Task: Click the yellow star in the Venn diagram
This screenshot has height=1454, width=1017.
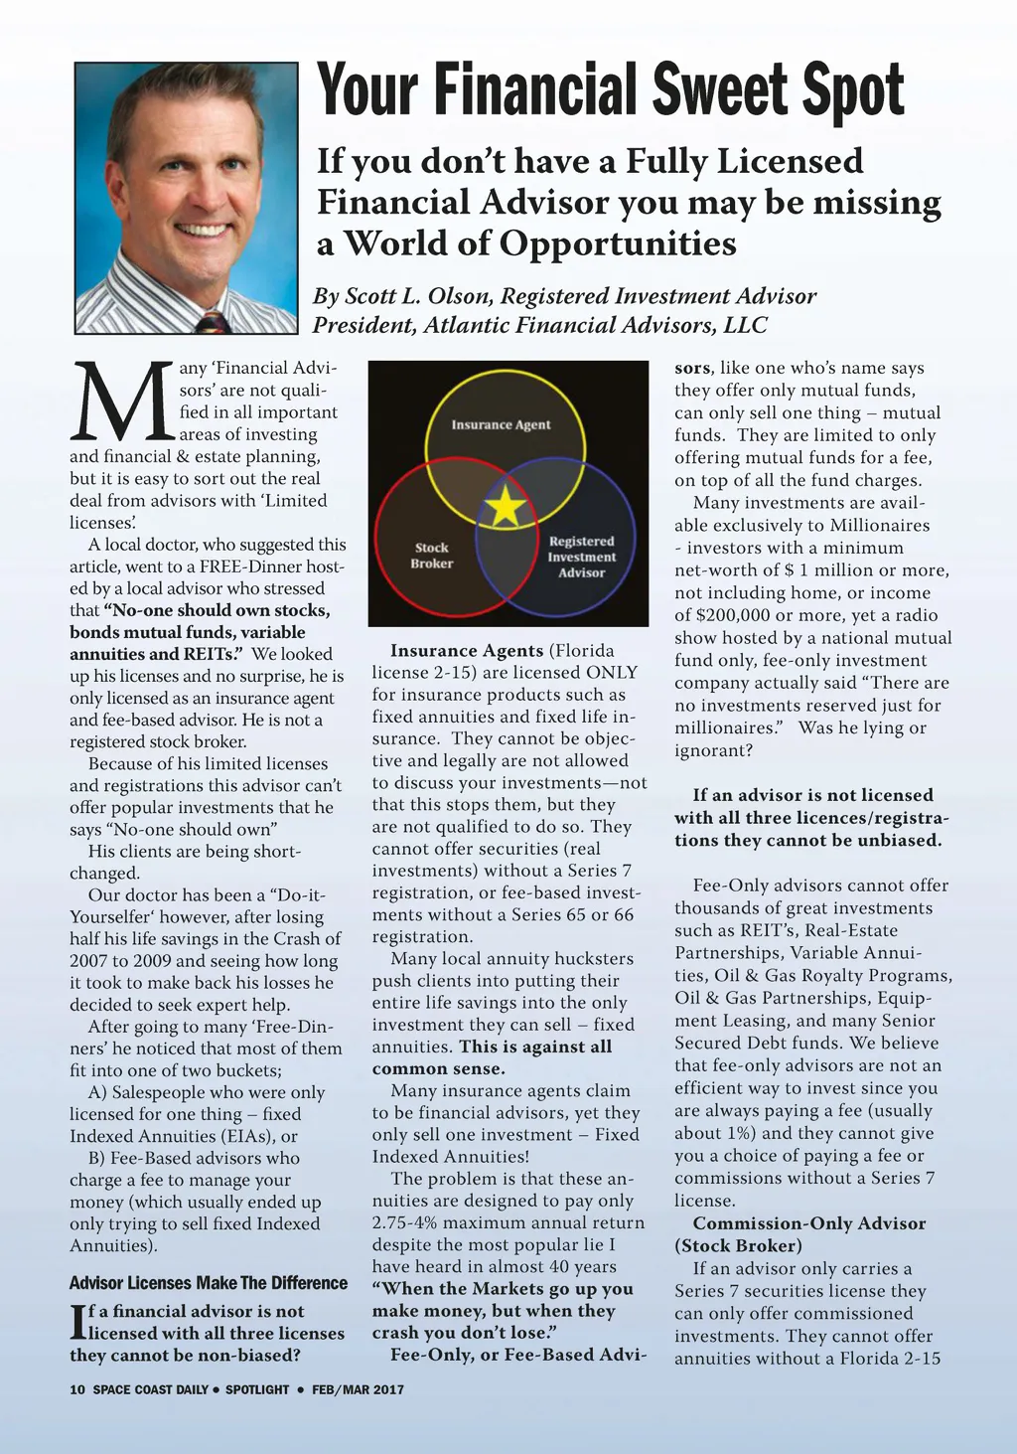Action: point(506,507)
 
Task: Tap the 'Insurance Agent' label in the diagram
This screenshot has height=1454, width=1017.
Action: point(501,424)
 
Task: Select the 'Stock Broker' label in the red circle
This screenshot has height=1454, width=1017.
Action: point(431,556)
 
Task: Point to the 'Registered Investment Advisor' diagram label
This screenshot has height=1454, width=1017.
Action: point(581,557)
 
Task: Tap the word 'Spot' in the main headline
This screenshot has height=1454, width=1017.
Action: point(855,90)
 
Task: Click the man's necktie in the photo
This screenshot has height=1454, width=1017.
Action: point(213,322)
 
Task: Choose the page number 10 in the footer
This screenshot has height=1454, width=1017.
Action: point(77,1389)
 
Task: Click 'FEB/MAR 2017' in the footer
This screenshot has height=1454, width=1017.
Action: point(358,1389)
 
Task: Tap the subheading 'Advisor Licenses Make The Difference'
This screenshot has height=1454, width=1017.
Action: point(209,1283)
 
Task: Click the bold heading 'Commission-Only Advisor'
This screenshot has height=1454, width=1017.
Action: point(808,1223)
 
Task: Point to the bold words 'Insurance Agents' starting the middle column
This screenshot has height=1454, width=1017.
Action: point(467,651)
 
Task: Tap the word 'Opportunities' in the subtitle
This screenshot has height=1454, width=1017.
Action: point(617,243)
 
